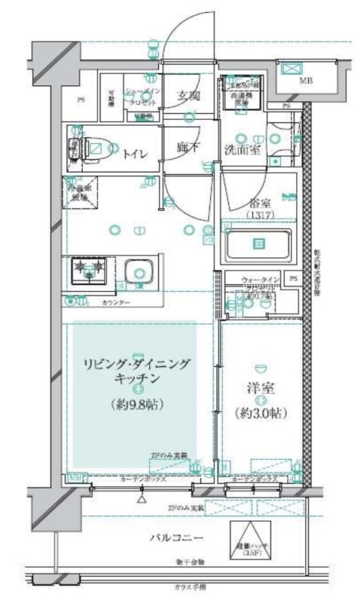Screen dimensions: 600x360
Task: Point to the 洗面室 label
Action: tap(242, 148)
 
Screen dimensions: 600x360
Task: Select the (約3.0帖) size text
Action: tap(260, 412)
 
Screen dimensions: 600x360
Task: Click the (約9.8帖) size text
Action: tap(135, 406)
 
